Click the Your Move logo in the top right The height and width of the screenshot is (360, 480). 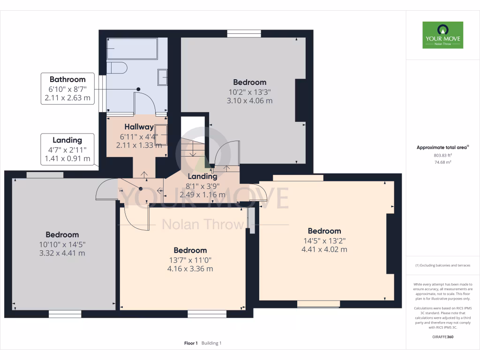click(442, 35)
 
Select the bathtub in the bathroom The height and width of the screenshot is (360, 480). click(132, 49)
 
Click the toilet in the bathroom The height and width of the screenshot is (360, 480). click(117, 68)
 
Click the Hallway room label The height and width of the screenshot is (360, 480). click(139, 127)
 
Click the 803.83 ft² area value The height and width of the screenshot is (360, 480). click(442, 155)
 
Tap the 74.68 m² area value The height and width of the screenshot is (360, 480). click(442, 162)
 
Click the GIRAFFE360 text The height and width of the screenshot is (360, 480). click(442, 337)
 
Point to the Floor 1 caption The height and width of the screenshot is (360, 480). click(191, 343)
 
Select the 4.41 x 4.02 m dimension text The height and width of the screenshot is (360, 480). click(324, 249)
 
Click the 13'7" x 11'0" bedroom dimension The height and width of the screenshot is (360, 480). click(190, 260)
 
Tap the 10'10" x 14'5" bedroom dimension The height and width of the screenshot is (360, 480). click(62, 244)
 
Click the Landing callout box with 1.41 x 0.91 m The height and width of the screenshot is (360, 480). click(67, 149)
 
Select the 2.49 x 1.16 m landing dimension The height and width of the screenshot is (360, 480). click(202, 195)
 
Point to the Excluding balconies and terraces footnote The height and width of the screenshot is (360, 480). click(442, 265)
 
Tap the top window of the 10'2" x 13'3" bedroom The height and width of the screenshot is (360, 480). click(244, 33)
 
